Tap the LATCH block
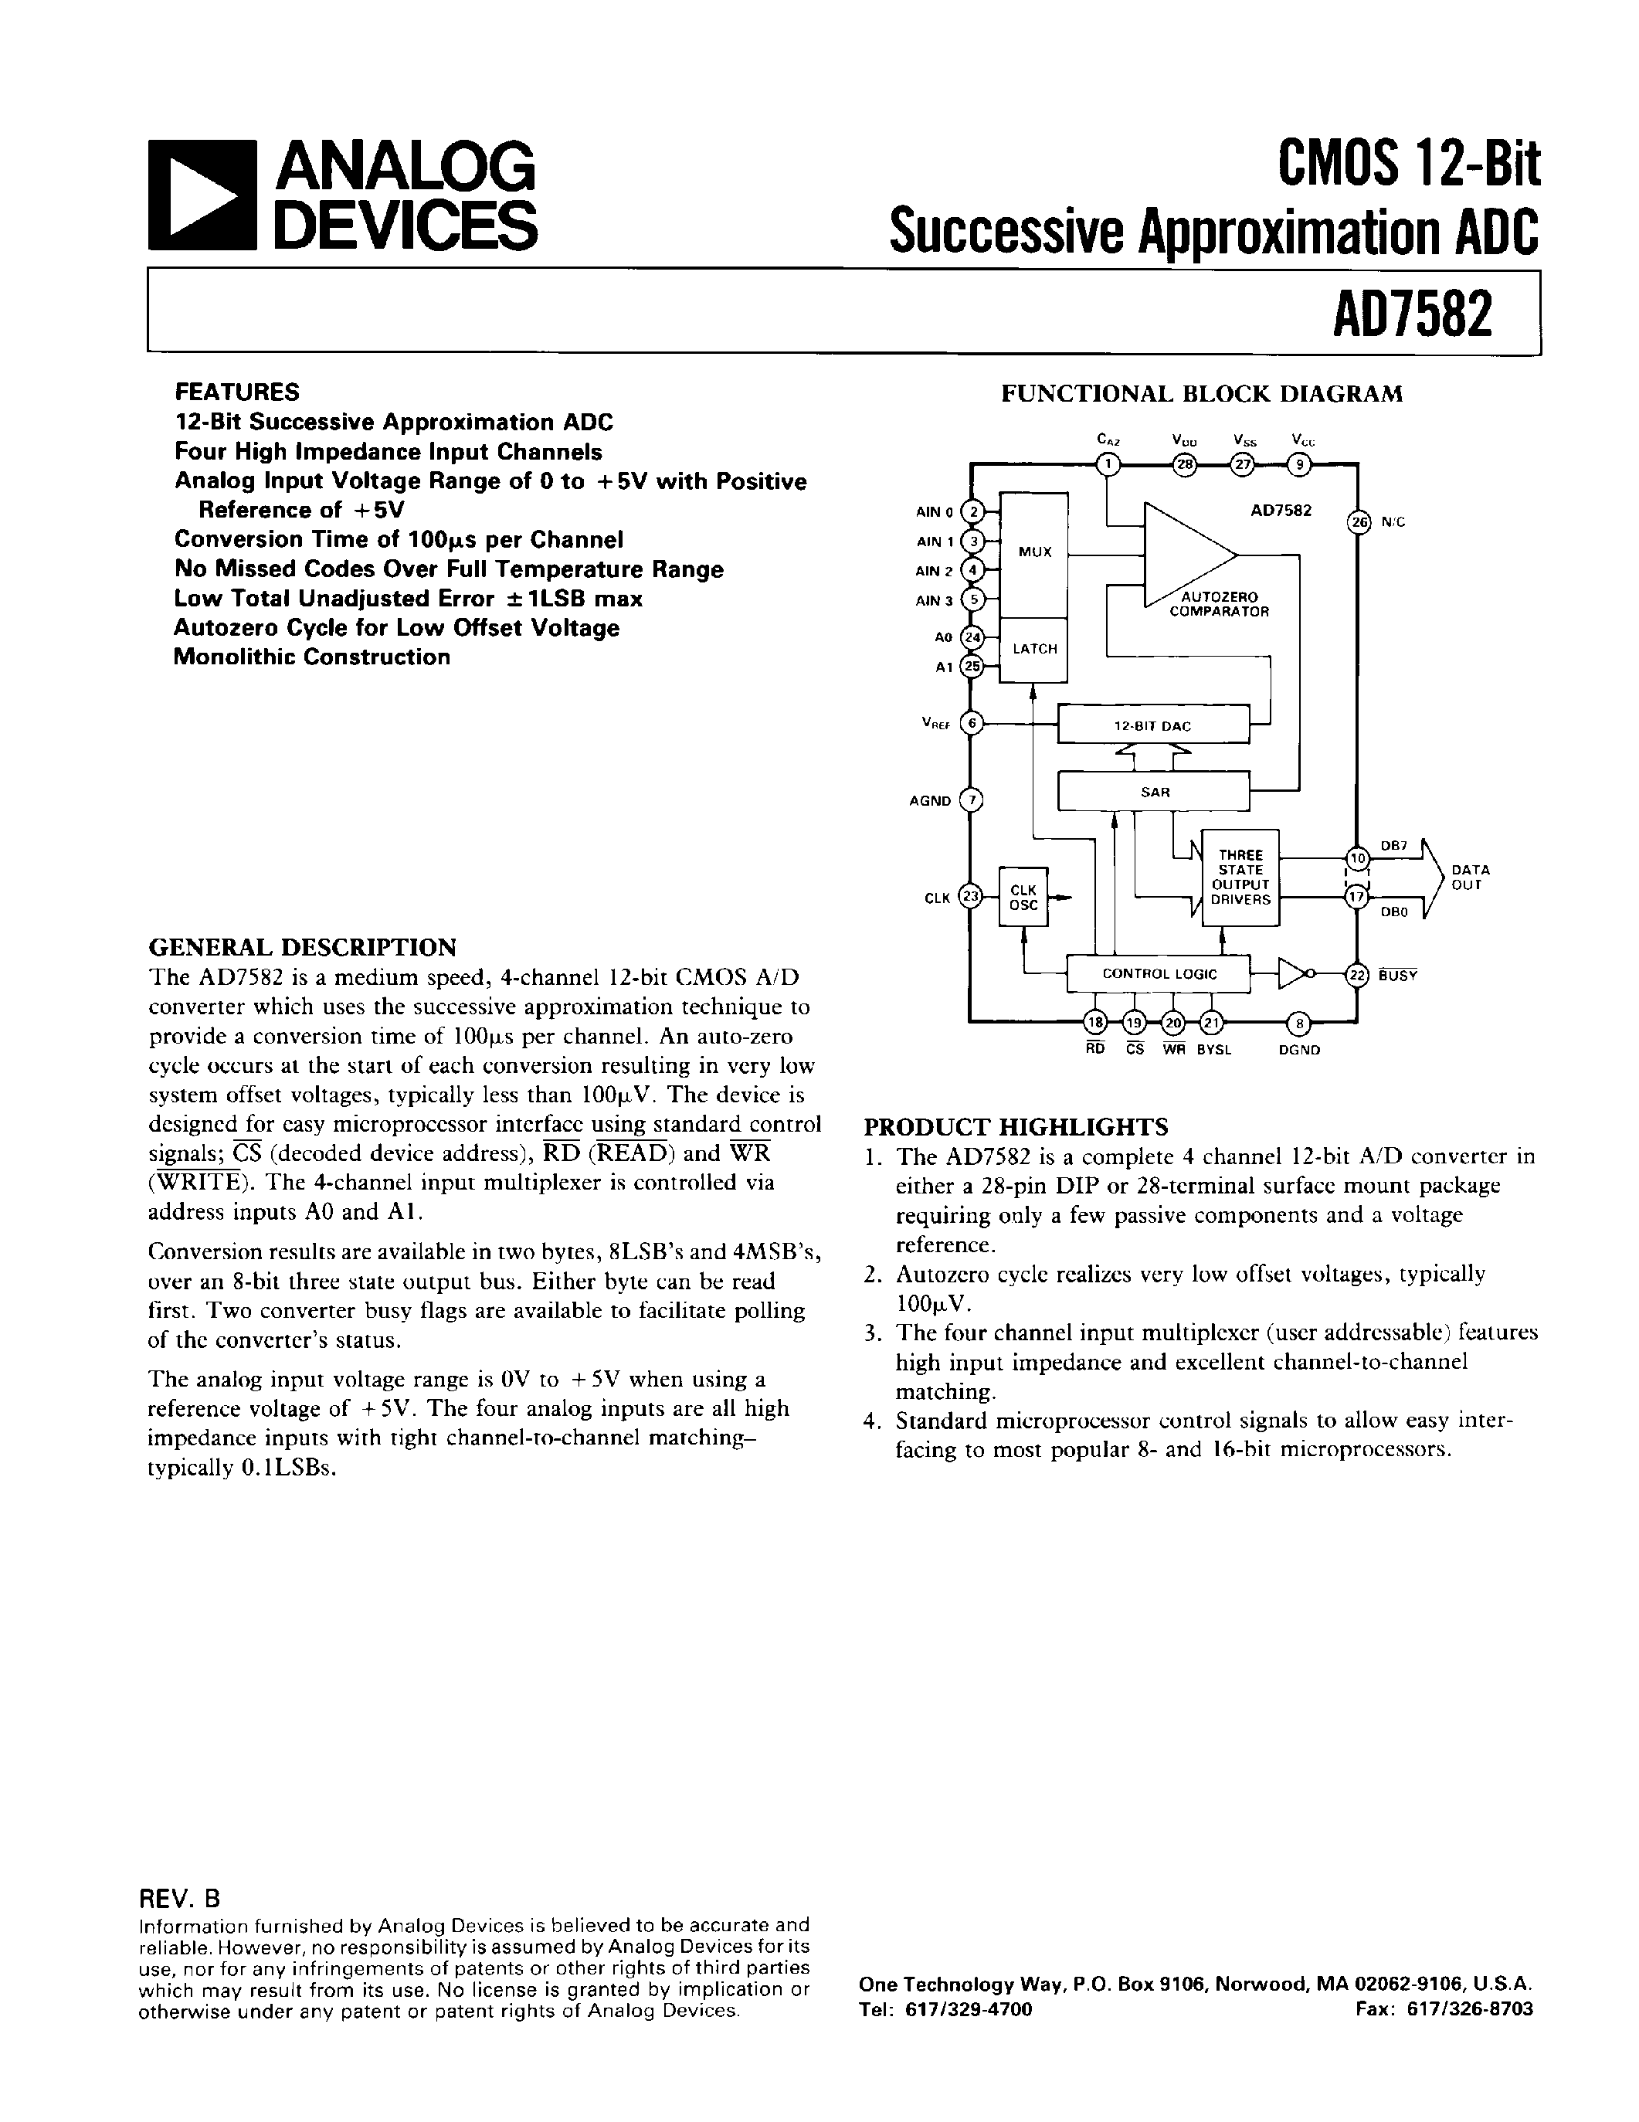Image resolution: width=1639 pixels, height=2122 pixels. (1033, 648)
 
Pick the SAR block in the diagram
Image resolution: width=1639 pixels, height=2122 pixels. (1153, 791)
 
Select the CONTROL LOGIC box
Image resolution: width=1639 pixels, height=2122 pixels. (1158, 973)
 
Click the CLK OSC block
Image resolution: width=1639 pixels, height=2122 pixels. (1023, 897)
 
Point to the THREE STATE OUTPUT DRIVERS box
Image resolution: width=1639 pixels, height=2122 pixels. (1240, 878)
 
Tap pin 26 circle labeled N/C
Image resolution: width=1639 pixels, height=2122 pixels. (1357, 521)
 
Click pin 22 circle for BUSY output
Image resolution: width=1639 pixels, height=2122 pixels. (1357, 975)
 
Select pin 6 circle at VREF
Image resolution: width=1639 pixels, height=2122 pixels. (971, 724)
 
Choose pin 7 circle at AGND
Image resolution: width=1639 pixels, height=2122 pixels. (971, 800)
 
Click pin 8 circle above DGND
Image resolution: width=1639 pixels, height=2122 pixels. (1299, 1022)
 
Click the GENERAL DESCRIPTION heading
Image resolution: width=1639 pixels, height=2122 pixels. (301, 947)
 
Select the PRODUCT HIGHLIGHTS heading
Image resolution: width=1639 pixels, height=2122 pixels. (1015, 1127)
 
